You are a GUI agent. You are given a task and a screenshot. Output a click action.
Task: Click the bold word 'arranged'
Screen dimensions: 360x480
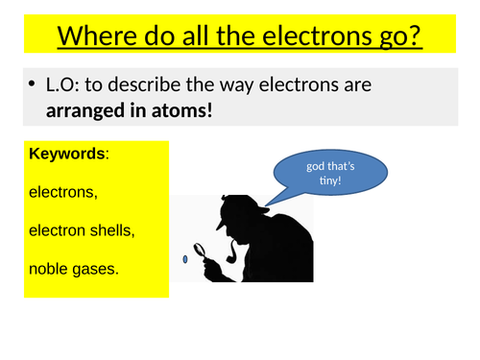coord(84,111)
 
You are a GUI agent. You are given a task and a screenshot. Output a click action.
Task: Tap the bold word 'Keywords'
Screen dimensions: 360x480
coord(67,155)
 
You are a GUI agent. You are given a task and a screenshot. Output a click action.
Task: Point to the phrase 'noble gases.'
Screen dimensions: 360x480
coord(75,269)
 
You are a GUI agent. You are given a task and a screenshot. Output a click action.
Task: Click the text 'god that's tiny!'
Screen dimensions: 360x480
coord(330,174)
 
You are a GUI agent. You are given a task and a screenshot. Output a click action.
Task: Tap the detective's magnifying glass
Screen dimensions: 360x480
coord(204,252)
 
